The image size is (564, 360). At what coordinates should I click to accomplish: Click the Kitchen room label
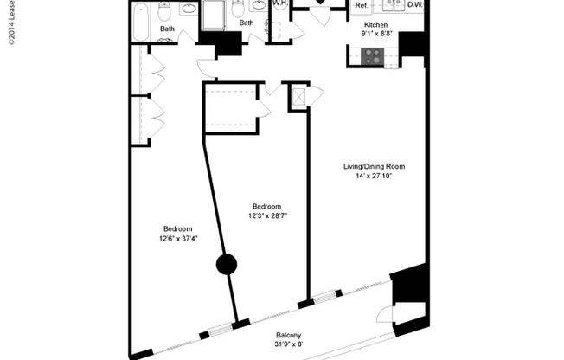[375, 26]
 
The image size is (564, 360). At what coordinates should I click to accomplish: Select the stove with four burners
[373, 56]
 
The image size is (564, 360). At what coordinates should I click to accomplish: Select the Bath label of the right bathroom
[247, 23]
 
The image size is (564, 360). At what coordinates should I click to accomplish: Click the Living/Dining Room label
[375, 166]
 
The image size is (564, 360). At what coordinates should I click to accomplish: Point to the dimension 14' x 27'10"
[375, 177]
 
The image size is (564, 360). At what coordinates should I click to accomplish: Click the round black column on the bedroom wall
[226, 265]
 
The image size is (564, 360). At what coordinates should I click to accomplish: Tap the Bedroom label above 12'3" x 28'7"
[266, 206]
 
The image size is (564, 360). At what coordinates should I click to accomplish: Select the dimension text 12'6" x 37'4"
[178, 239]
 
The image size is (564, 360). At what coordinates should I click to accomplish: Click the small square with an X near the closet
[298, 95]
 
